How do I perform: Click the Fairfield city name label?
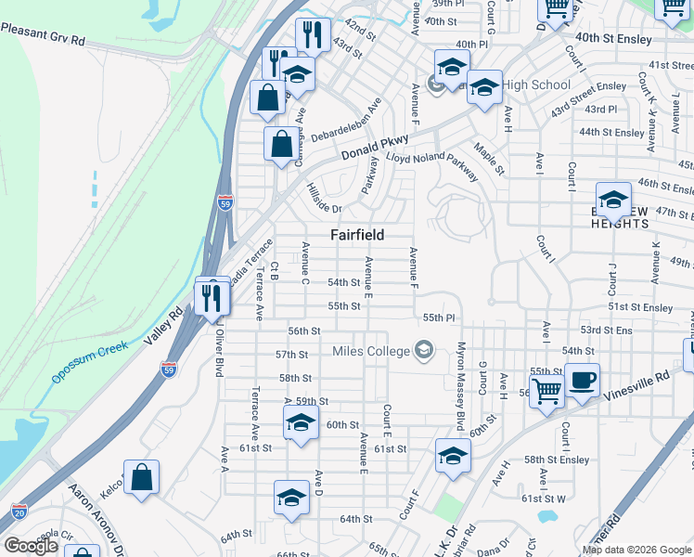pyautogui.click(x=357, y=235)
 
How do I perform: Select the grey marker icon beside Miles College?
pyautogui.click(x=424, y=350)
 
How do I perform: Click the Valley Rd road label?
pyautogui.click(x=163, y=327)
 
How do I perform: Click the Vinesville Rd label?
pyautogui.click(x=636, y=385)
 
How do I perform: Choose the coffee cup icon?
pyautogui.click(x=582, y=380)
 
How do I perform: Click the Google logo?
pyautogui.click(x=30, y=546)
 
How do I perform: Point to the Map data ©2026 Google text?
pyautogui.click(x=636, y=550)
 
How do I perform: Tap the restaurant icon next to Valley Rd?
pyautogui.click(x=212, y=297)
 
